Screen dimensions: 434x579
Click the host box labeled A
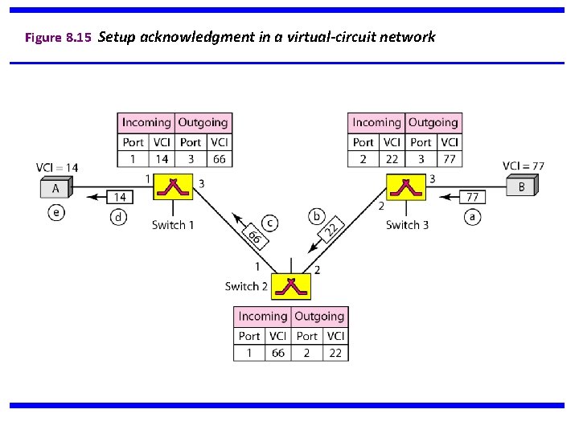point(56,189)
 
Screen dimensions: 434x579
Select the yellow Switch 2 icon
point(290,286)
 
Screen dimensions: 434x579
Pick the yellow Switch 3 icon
point(404,186)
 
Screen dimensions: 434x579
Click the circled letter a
point(472,217)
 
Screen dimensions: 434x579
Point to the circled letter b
point(317,216)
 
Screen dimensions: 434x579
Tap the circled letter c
point(270,223)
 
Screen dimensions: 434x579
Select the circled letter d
point(118,217)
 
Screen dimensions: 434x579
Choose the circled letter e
point(55,213)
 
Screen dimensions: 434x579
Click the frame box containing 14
point(121,196)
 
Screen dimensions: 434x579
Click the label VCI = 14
point(57,167)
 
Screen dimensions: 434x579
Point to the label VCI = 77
point(524,166)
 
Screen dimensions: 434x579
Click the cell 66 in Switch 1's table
point(219,159)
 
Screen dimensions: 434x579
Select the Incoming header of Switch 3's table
point(376,123)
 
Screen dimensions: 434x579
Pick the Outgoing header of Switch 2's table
point(319,317)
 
